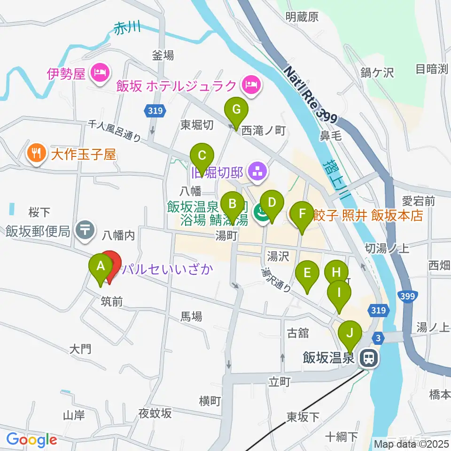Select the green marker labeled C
(x=202, y=156)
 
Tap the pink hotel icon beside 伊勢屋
(x=101, y=72)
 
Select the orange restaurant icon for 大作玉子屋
(x=36, y=153)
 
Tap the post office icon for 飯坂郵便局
(x=85, y=230)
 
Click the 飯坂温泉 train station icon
(x=369, y=359)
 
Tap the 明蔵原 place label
(x=302, y=17)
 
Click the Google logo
(x=31, y=440)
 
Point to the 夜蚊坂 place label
(x=155, y=413)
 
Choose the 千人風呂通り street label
(x=116, y=131)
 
